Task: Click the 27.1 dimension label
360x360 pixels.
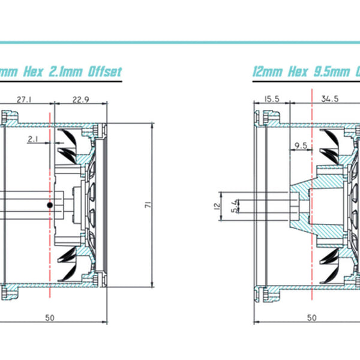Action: pyautogui.click(x=25, y=98)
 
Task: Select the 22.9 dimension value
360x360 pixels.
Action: pyautogui.click(x=80, y=98)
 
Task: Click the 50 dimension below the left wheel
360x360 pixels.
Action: pyautogui.click(x=50, y=318)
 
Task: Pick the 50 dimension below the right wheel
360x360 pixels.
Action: pyautogui.click(x=312, y=318)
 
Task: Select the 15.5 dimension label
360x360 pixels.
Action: pyautogui.click(x=272, y=98)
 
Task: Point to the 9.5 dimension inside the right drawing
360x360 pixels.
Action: pyautogui.click(x=301, y=146)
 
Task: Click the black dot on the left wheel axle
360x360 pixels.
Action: pyautogui.click(x=50, y=205)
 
